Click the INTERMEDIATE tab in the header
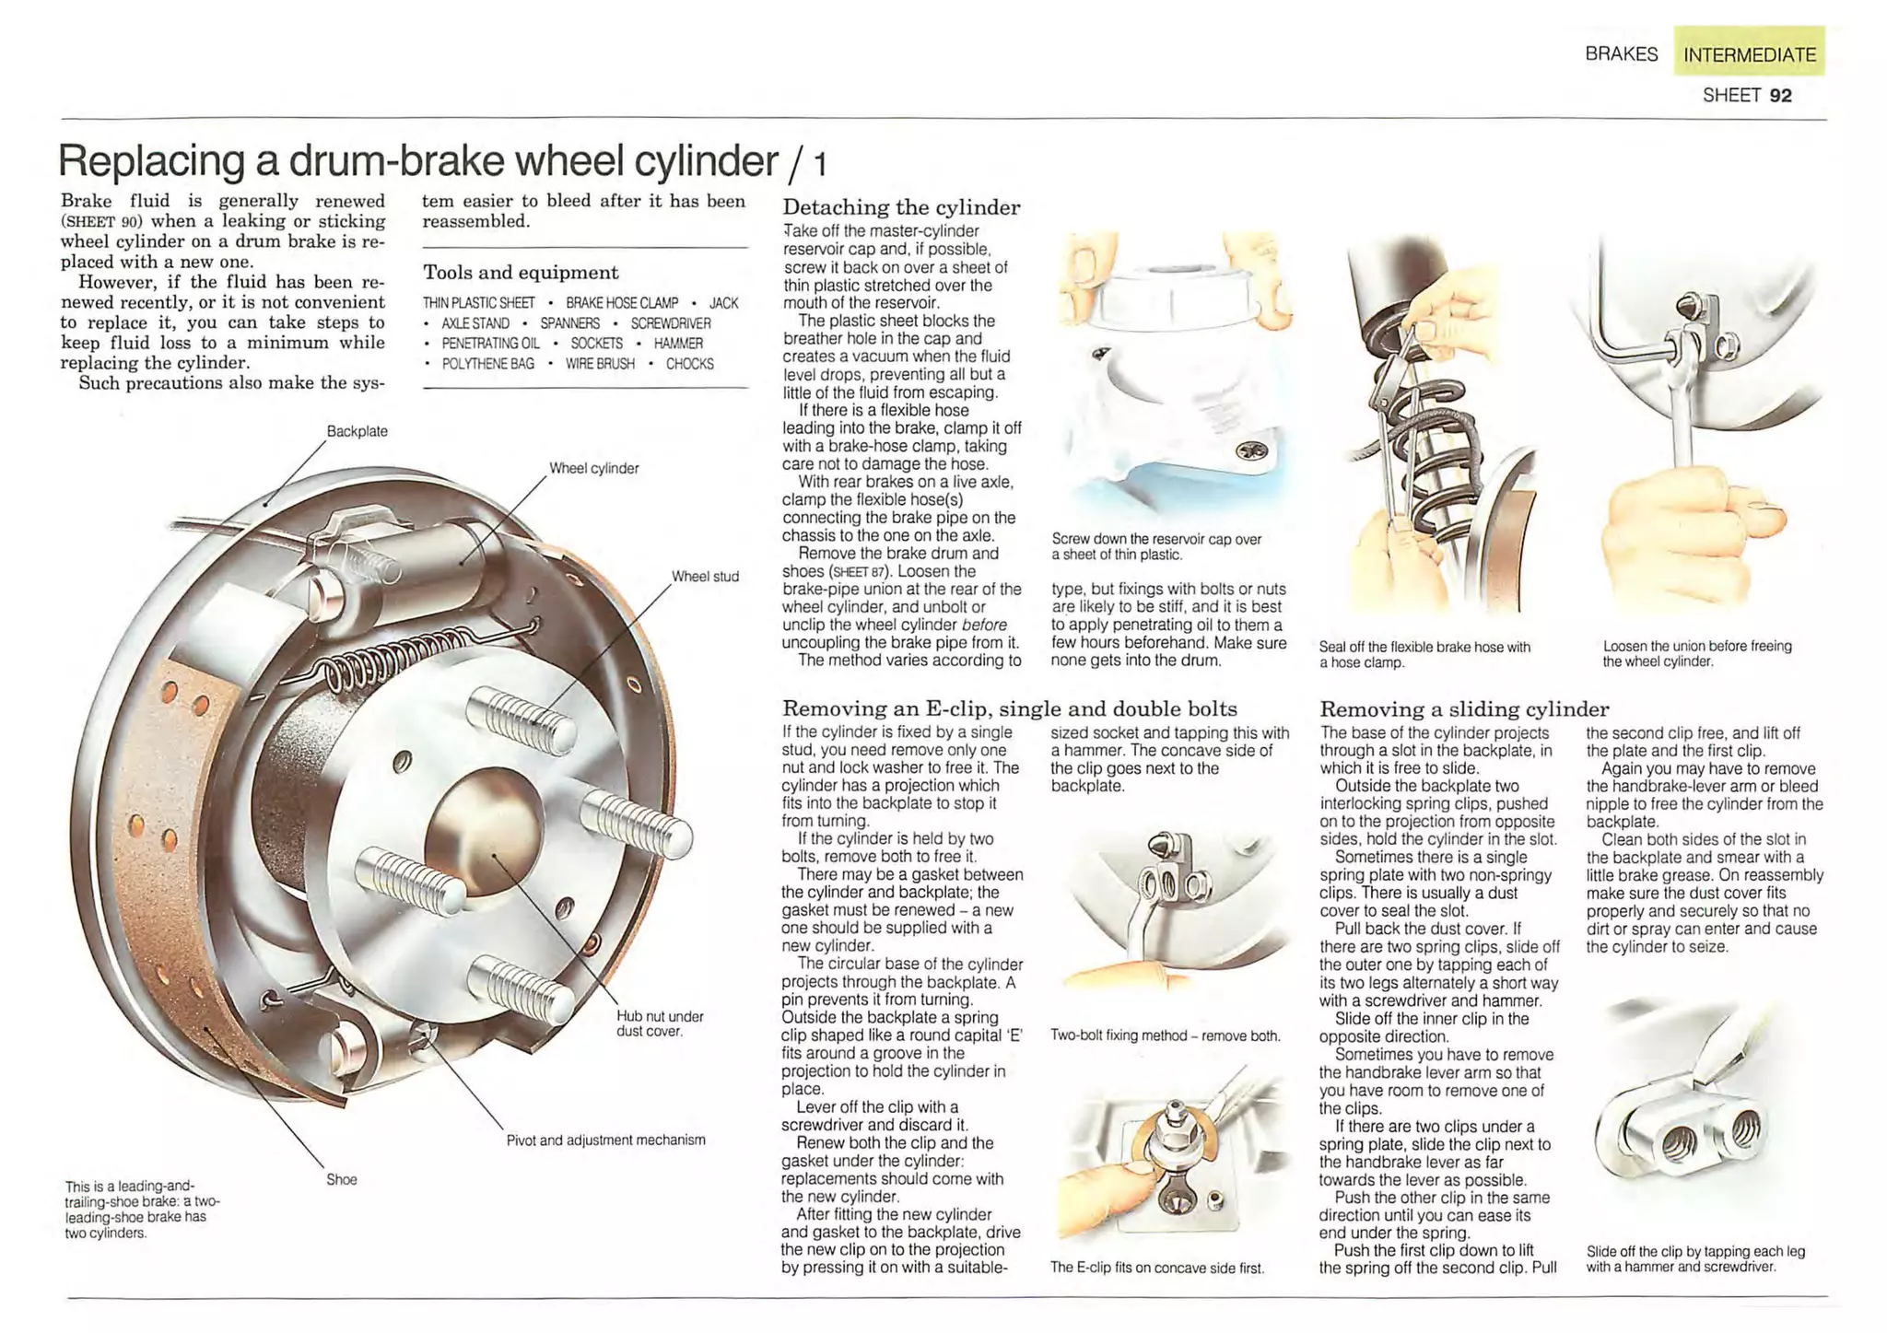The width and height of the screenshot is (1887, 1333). click(x=1748, y=54)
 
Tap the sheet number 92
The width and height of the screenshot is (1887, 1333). click(x=1780, y=95)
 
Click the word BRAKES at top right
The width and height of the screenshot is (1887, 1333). click(x=1621, y=54)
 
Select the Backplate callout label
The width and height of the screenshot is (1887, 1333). click(x=357, y=431)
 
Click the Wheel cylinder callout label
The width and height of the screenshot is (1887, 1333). click(x=593, y=468)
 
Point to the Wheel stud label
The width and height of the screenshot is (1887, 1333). click(x=704, y=577)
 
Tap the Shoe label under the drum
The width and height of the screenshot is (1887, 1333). click(x=341, y=1179)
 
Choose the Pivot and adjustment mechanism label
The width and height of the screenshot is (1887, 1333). click(x=605, y=1140)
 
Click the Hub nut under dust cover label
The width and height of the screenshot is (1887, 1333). click(x=659, y=1023)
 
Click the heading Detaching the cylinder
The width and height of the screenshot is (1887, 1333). click(x=900, y=207)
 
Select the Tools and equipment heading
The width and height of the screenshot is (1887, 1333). click(x=521, y=273)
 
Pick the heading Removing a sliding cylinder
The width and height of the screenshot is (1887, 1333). click(x=1463, y=708)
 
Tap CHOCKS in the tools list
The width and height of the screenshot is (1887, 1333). click(x=689, y=364)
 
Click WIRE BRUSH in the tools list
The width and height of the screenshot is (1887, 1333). click(x=600, y=364)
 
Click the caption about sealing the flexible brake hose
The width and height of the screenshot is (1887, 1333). click(x=1424, y=654)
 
